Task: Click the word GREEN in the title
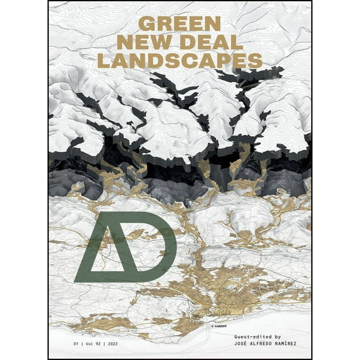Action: pyautogui.click(x=179, y=24)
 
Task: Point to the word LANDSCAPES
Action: pyautogui.click(x=179, y=61)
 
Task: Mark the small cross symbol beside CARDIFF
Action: pyautogui.click(x=212, y=326)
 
